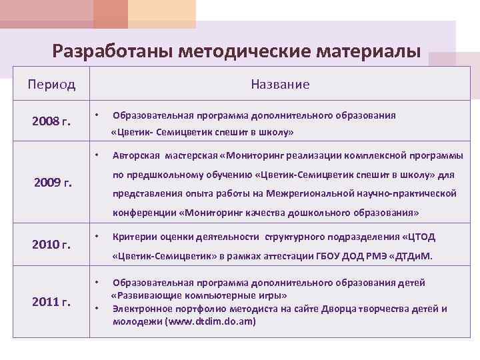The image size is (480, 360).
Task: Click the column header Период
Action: [x=51, y=85]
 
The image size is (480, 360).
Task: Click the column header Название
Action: [x=280, y=85]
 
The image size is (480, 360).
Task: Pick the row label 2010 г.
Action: [x=51, y=245]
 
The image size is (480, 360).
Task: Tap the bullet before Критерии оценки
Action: [x=97, y=237]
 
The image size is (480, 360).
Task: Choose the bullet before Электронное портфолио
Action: [x=97, y=309]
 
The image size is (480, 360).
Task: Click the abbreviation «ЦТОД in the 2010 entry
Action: [x=421, y=237]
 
